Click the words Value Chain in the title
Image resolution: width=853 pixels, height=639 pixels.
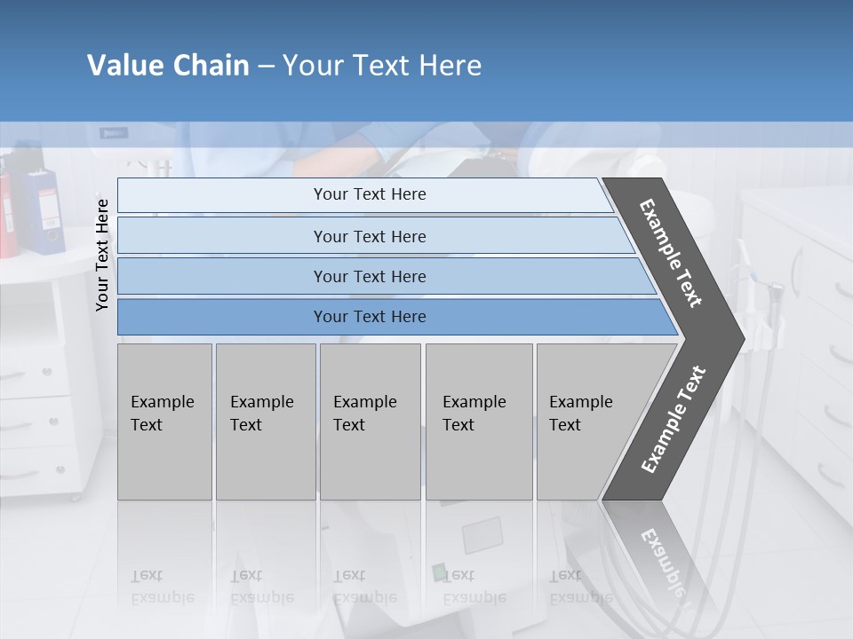168,66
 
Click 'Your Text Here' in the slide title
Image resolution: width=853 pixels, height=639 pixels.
382,66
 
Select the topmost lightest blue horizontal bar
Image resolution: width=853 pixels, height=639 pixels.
364,194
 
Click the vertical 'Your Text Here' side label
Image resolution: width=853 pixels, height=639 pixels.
102,256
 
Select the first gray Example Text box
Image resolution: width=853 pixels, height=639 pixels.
164,422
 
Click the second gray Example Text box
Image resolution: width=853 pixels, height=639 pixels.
266,422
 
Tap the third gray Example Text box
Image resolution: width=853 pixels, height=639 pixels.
370,422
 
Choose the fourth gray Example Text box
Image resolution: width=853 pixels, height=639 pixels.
479,422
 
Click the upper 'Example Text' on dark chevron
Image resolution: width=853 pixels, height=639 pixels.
671,253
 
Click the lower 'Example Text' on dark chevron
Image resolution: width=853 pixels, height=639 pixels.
674,419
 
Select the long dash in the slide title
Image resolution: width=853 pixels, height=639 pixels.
266,67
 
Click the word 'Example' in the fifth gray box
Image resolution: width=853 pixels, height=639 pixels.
581,402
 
